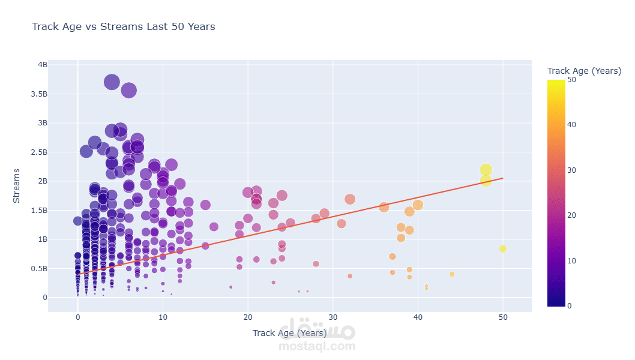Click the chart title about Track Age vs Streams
click(123, 26)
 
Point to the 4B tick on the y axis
click(43, 65)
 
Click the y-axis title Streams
click(17, 185)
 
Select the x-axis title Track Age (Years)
click(289, 333)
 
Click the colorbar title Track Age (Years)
click(584, 71)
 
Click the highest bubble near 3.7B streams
click(112, 82)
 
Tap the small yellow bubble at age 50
click(503, 249)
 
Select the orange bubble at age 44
click(452, 274)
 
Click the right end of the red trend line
click(502, 178)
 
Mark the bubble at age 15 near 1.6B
click(205, 205)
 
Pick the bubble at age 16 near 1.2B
click(214, 227)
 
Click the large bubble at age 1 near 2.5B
click(86, 151)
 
